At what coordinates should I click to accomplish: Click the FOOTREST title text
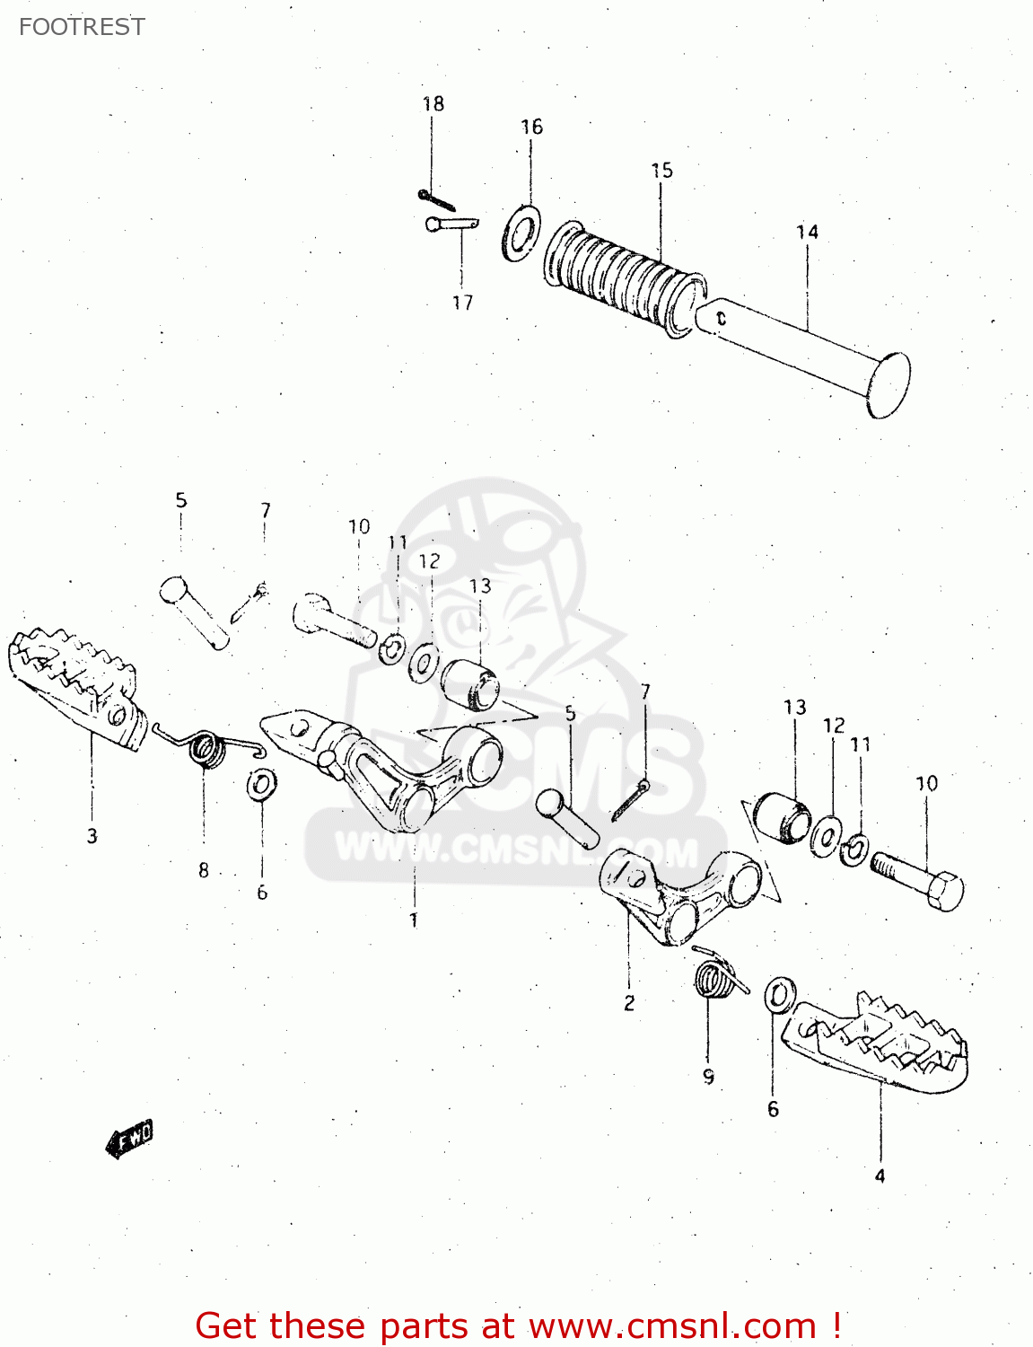click(x=82, y=27)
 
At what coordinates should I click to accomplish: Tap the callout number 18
click(x=433, y=104)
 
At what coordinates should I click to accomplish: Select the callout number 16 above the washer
click(x=531, y=128)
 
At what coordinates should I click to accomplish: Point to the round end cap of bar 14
click(x=888, y=385)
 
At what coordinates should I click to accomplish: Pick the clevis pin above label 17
click(x=451, y=224)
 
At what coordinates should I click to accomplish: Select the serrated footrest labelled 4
click(x=880, y=1042)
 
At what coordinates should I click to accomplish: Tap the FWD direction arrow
click(x=130, y=1139)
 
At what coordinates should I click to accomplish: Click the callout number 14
click(x=807, y=233)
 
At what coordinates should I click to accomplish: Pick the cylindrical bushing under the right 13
click(x=781, y=818)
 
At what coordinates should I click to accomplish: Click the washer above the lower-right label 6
click(x=778, y=995)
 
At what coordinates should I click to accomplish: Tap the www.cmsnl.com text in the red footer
click(x=671, y=1326)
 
